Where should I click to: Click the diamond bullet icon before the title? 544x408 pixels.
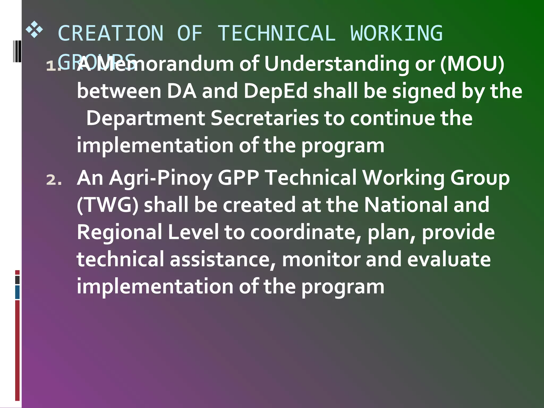pos(34,30)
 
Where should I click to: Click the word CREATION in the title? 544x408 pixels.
pos(110,33)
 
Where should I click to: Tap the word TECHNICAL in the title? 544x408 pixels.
pos(277,33)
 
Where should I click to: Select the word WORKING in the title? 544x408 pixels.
pos(397,33)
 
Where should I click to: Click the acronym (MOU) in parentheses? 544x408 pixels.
pos(472,64)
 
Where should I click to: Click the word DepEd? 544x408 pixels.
pos(275,91)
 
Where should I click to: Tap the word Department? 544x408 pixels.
pos(146,118)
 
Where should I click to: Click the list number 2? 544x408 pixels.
pos(54,180)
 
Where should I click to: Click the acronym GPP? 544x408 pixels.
pos(238,178)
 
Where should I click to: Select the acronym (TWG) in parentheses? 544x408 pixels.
pos(108,205)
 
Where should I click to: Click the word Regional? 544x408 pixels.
pos(120,232)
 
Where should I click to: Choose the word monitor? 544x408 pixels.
pos(321,259)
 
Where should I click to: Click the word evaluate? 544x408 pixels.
pos(449,259)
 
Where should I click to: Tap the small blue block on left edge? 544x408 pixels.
pos(17,292)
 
